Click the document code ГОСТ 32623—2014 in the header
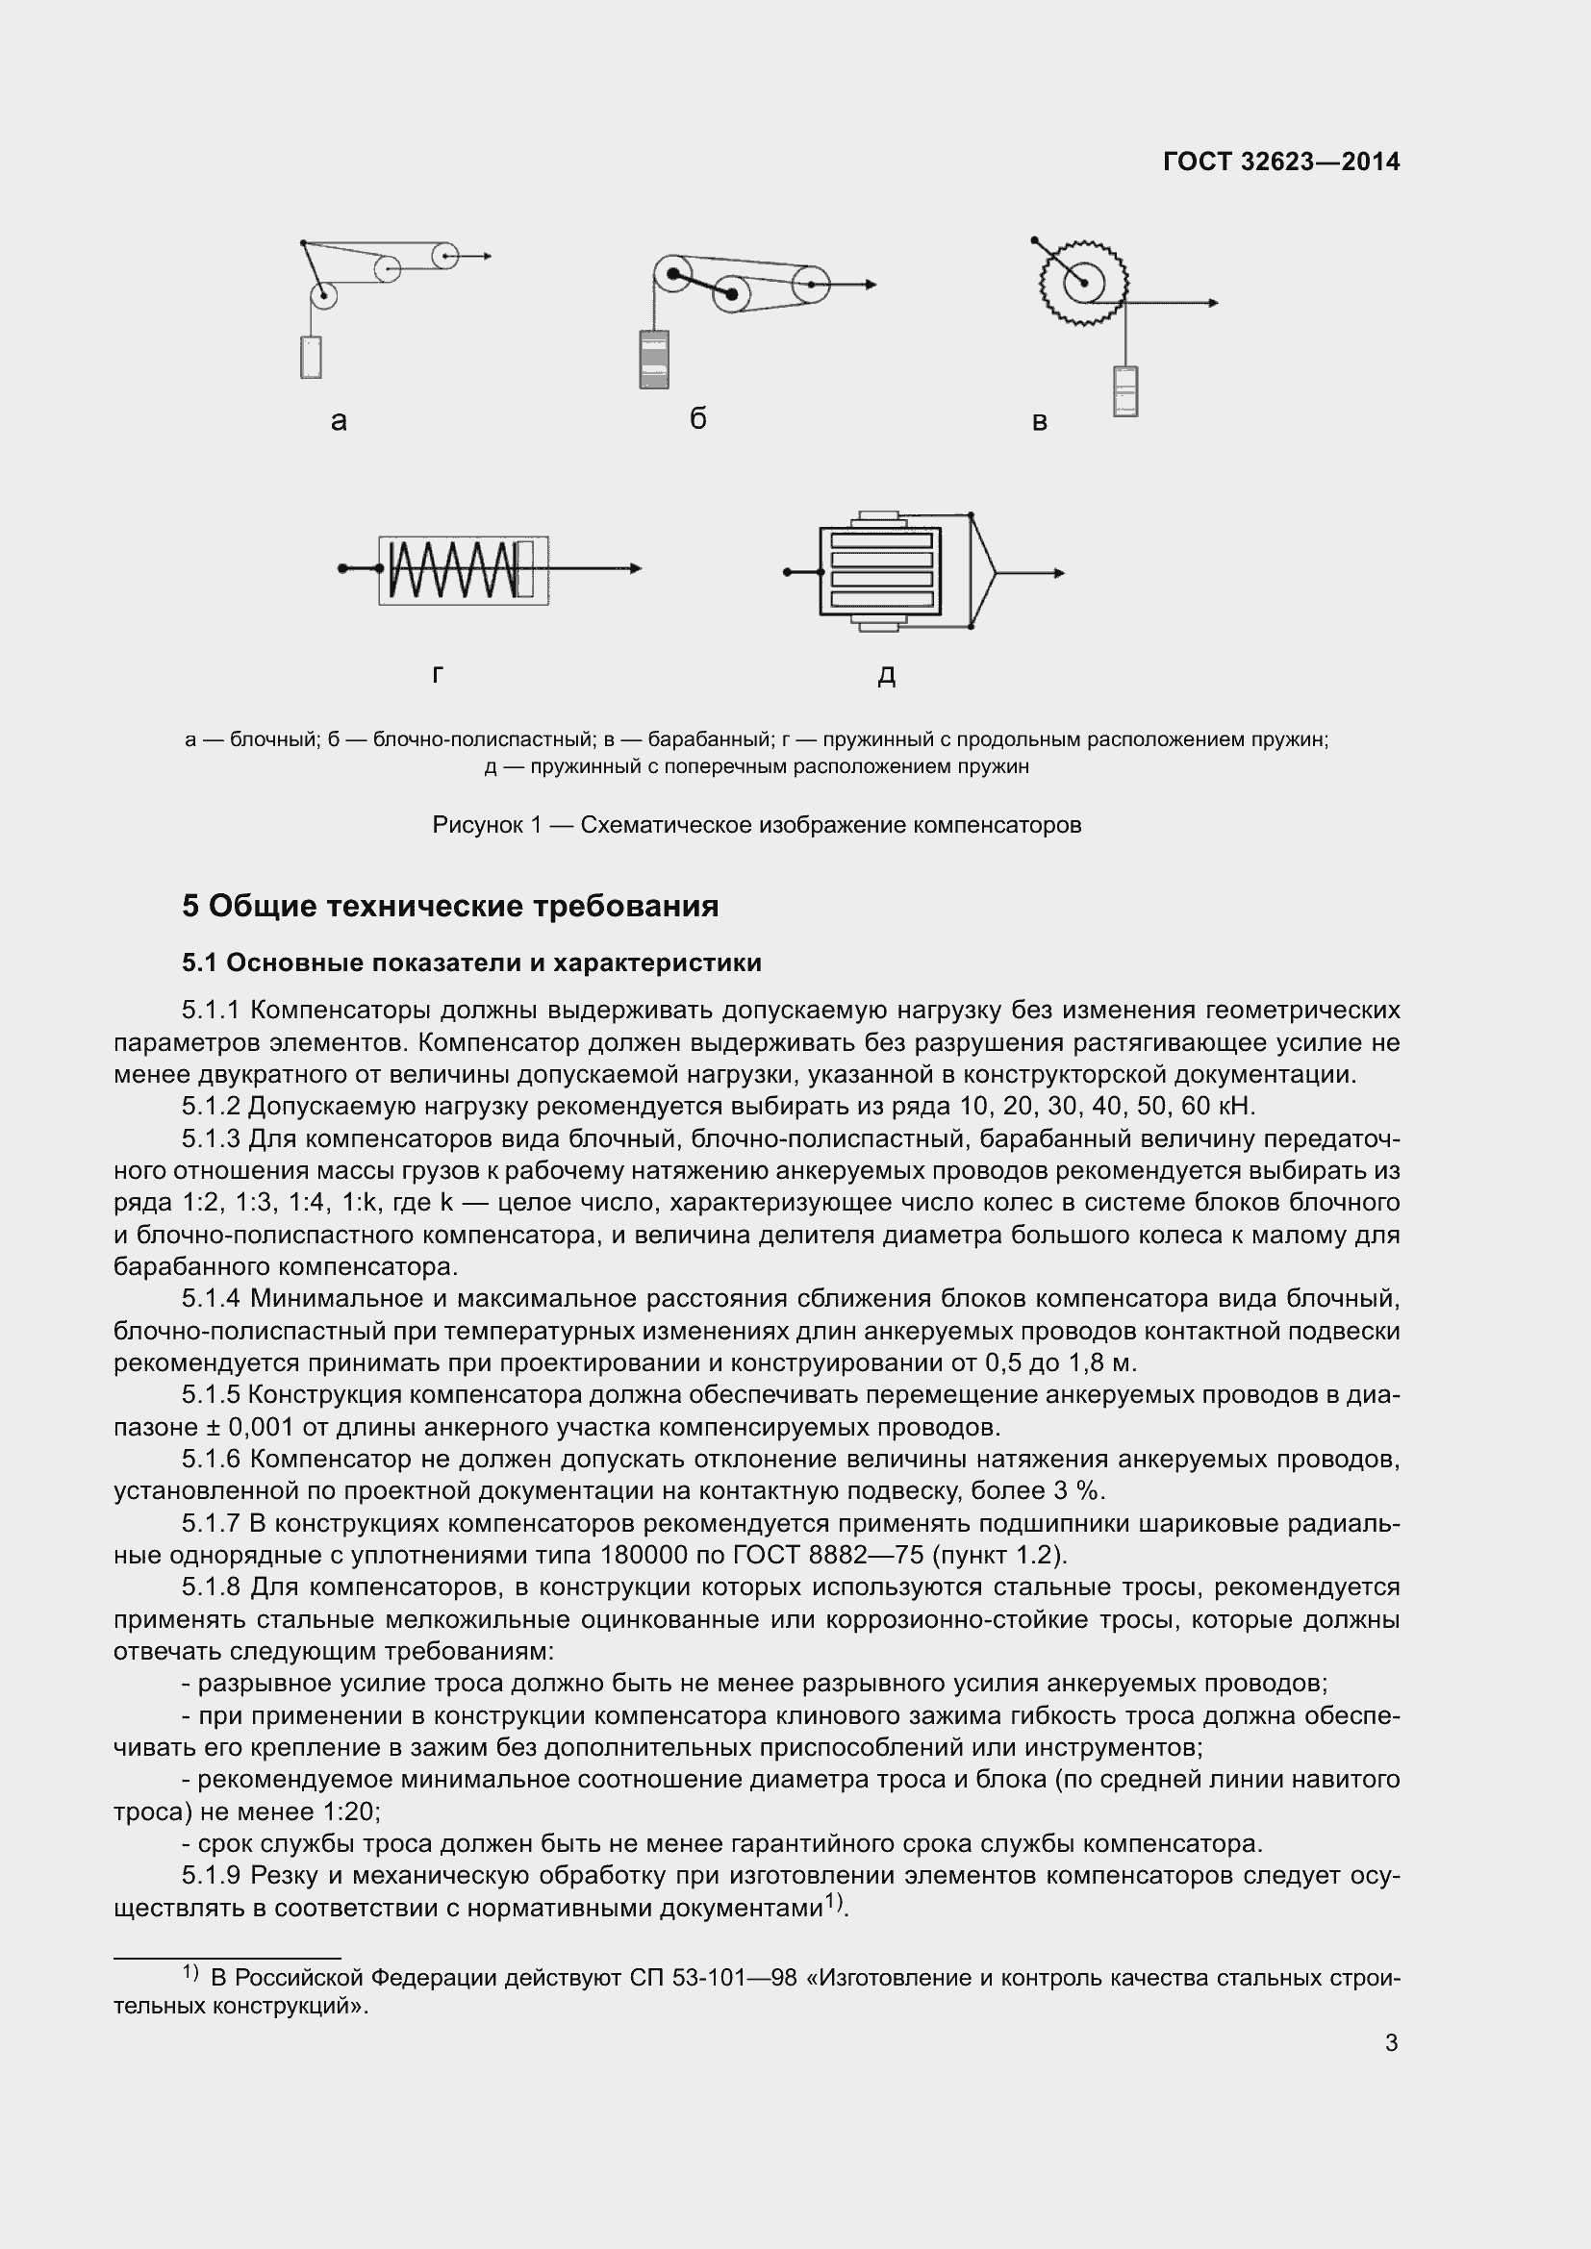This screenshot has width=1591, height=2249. pyautogui.click(x=1281, y=162)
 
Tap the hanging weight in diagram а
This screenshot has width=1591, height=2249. pyautogui.click(x=312, y=358)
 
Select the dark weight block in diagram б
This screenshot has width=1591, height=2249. pyautogui.click(x=653, y=360)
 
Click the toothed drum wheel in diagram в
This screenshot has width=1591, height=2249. pyautogui.click(x=1083, y=283)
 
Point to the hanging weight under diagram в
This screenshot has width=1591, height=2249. pyautogui.click(x=1125, y=390)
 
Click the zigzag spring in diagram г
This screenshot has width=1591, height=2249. pyautogui.click(x=453, y=570)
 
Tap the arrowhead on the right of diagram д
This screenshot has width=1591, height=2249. pyautogui.click(x=1058, y=573)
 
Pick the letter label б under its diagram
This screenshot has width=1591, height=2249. pyautogui.click(x=697, y=419)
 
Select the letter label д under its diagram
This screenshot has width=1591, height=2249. pyautogui.click(x=887, y=675)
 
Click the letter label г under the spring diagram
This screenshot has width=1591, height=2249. pyautogui.click(x=438, y=675)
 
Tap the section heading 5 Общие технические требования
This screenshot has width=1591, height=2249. pyautogui.click(x=449, y=906)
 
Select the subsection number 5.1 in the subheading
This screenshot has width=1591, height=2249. pyautogui.click(x=200, y=963)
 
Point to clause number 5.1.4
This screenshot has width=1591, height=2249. pyautogui.click(x=211, y=1300)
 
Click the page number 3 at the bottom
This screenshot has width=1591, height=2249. pyautogui.click(x=1391, y=2042)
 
